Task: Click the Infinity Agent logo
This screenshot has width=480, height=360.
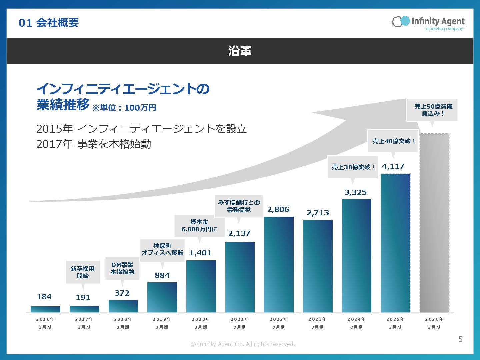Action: (x=428, y=22)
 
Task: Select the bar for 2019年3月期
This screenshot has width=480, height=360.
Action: (x=162, y=297)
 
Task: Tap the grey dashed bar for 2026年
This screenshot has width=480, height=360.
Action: (x=434, y=223)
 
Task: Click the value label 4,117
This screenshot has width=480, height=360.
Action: (x=393, y=167)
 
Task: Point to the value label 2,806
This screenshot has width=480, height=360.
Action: (x=278, y=209)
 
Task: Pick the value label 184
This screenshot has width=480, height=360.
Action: (x=44, y=297)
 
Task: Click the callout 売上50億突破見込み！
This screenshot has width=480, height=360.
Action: (x=433, y=110)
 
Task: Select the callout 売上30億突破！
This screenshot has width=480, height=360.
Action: (x=353, y=167)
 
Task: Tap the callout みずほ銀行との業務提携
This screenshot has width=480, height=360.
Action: (x=239, y=206)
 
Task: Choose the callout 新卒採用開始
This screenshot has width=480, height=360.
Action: (x=83, y=272)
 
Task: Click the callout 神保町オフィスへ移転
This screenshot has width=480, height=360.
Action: (x=162, y=249)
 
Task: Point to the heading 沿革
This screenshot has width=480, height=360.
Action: (x=240, y=51)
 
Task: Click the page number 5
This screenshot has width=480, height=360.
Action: (x=460, y=339)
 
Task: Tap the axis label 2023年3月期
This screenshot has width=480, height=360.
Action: (x=317, y=323)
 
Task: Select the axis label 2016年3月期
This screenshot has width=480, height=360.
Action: (x=45, y=323)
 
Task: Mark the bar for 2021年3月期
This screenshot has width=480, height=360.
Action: (x=240, y=277)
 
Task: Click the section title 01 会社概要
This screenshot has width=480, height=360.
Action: (x=49, y=23)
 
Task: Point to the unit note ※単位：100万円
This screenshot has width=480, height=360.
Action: (x=124, y=108)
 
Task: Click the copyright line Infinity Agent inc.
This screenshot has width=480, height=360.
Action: (x=243, y=344)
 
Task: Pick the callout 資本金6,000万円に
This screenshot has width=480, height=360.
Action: (x=199, y=226)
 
